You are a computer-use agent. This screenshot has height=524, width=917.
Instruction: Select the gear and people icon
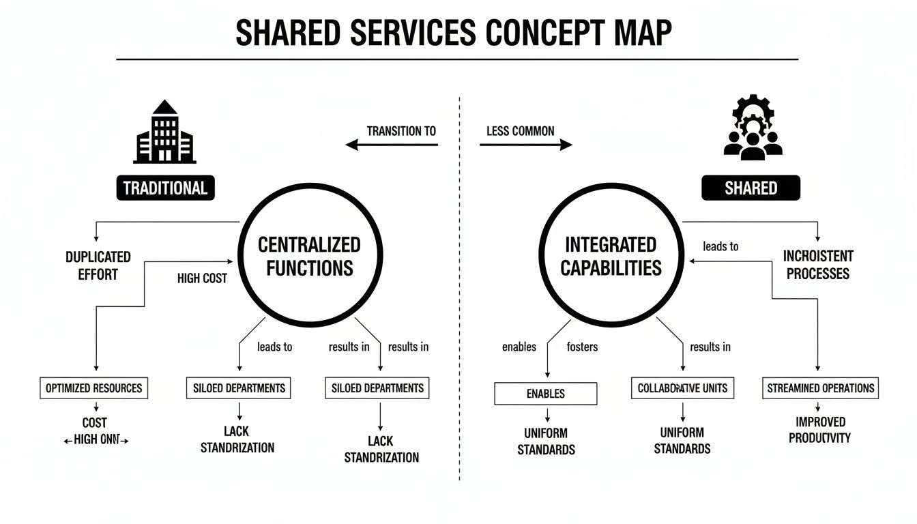751,129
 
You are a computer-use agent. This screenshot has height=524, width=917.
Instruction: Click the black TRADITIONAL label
165,188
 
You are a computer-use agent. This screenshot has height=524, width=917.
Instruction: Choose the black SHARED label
751,188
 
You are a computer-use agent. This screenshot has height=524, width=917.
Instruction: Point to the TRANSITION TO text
401,131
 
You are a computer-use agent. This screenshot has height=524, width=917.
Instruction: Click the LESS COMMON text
521,131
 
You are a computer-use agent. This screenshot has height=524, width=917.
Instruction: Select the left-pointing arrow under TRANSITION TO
391,145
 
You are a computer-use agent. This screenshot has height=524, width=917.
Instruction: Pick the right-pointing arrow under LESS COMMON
525,145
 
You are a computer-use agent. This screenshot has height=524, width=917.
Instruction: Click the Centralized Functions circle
308,255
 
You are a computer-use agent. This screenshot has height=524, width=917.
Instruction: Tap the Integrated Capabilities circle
611,255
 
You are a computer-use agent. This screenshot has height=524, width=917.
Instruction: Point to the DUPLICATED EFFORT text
98,265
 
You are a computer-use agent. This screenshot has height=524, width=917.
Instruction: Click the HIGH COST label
202,278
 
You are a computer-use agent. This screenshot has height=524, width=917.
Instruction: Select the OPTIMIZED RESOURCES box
94,388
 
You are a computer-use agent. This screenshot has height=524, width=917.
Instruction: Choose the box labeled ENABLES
545,394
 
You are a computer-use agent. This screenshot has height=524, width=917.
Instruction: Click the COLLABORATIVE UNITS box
682,388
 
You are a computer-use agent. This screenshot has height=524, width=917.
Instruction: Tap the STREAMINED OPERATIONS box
820,388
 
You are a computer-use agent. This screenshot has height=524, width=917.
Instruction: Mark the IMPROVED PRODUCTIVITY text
819,430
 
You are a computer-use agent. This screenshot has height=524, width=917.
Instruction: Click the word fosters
582,347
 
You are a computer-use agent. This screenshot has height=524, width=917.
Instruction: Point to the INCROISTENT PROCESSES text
818,265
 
